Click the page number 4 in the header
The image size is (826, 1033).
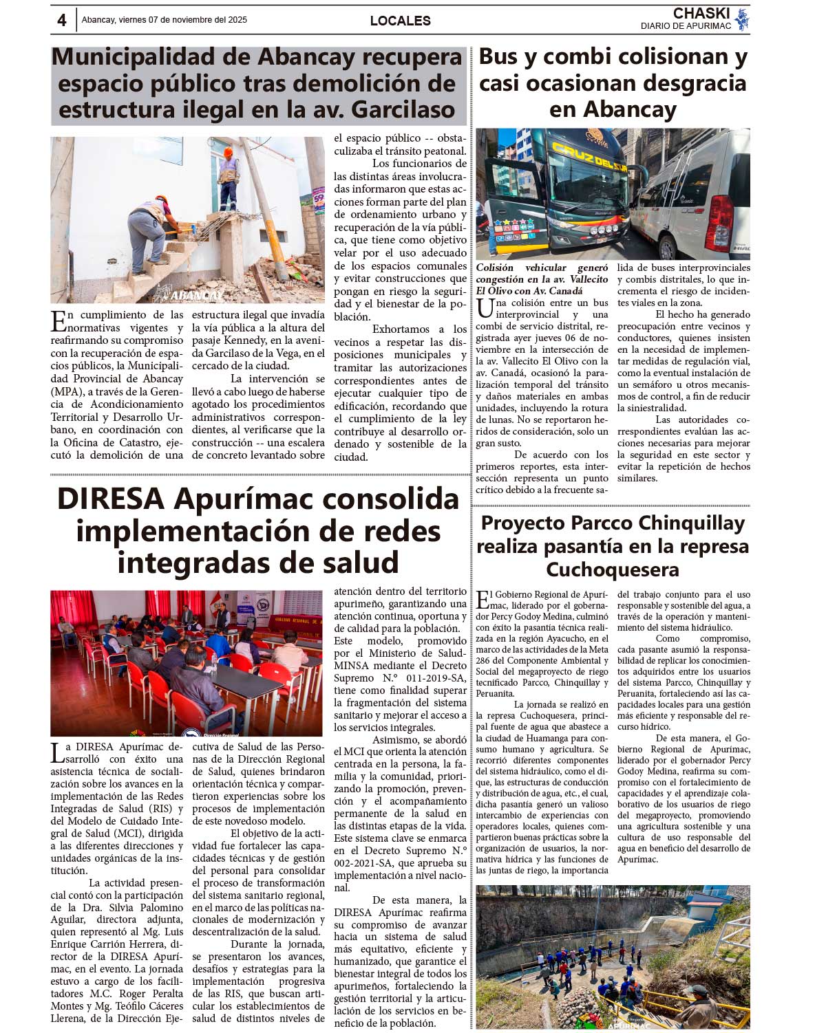point(61,21)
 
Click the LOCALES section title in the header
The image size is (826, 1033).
point(400,21)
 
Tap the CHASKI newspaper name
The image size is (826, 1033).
point(701,13)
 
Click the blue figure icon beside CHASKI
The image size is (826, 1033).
point(741,19)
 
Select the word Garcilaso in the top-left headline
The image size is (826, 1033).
point(403,110)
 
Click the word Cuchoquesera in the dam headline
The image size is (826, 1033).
point(612,569)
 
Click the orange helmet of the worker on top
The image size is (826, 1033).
point(228,152)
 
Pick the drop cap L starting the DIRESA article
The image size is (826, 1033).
point(57,752)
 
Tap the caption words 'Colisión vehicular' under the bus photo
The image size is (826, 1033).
point(521,268)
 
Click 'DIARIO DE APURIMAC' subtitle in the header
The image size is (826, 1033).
point(685,26)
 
